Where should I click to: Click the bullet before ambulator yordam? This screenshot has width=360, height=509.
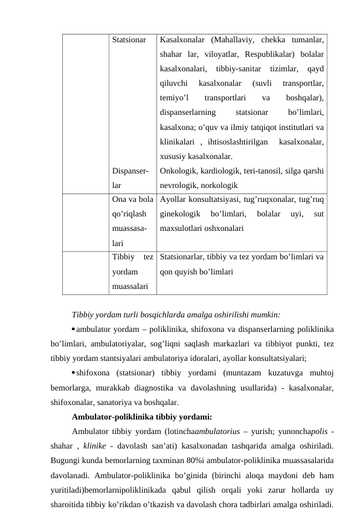coord(73,329)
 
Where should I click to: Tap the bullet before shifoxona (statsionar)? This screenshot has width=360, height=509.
coord(73,373)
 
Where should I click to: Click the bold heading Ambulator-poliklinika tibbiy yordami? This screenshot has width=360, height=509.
coord(141,416)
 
